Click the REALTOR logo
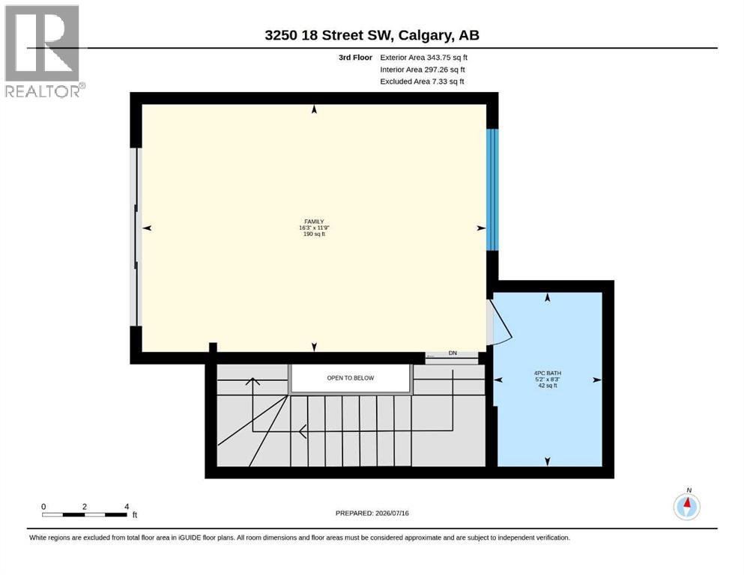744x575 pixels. click(x=45, y=51)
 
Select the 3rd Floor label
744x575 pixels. click(x=355, y=58)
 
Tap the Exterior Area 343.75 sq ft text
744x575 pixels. click(x=424, y=58)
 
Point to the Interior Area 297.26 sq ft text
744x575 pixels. click(x=423, y=70)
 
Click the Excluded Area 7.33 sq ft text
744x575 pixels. click(x=422, y=82)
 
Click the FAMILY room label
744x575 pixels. click(x=314, y=222)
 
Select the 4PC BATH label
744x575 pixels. click(x=548, y=373)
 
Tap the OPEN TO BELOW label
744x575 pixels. click(x=350, y=378)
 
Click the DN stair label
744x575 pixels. click(x=453, y=353)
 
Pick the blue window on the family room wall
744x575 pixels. click(x=492, y=189)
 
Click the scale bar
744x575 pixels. click(x=85, y=514)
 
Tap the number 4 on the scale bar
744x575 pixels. click(x=127, y=507)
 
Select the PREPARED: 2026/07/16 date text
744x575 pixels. click(x=372, y=513)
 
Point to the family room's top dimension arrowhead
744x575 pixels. click(x=314, y=109)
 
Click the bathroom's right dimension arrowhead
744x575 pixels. click(x=597, y=380)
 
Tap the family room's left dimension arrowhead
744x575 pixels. click(x=147, y=228)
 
